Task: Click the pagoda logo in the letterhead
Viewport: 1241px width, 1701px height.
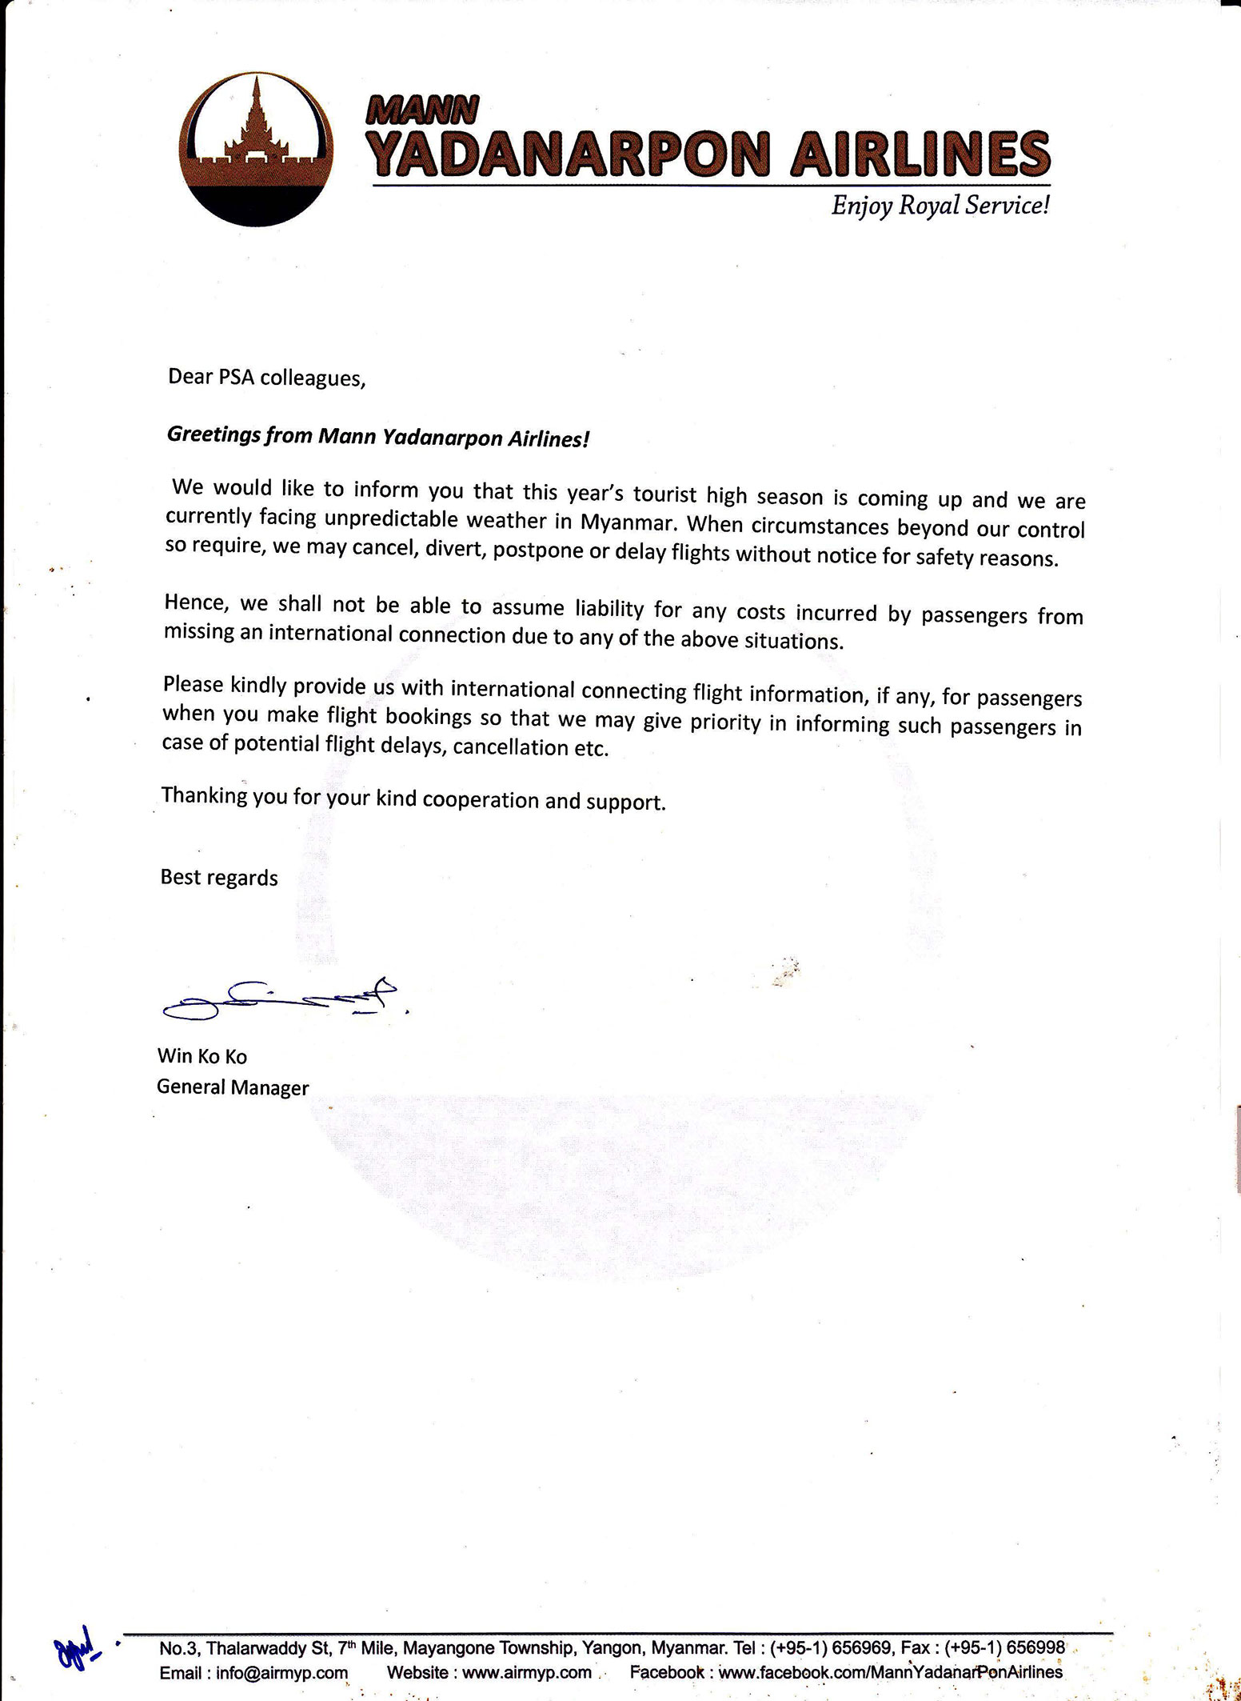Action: (x=264, y=152)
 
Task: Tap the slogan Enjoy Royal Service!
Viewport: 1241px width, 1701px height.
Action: (x=940, y=206)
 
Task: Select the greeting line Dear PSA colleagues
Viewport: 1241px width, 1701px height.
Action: (x=266, y=378)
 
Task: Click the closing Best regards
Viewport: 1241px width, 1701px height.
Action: (x=219, y=878)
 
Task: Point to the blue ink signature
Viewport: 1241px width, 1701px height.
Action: (x=280, y=999)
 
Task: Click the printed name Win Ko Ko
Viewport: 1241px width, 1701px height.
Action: (x=202, y=1056)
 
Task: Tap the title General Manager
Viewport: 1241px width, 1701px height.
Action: (x=233, y=1087)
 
